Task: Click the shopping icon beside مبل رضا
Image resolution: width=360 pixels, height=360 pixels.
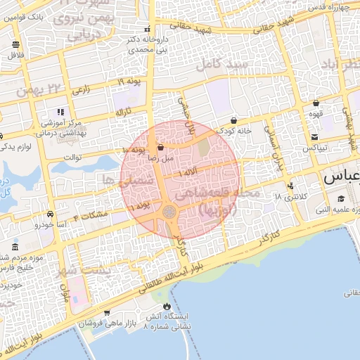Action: pos(161,148)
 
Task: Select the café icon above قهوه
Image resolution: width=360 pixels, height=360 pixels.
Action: pos(316,103)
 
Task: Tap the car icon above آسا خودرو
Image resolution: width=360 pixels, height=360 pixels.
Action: pos(50,213)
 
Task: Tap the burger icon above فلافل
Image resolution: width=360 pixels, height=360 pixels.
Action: pos(16,44)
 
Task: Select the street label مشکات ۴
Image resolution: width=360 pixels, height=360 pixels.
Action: pos(90,214)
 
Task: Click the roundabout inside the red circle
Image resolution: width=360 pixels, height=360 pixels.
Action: pos(170,211)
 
